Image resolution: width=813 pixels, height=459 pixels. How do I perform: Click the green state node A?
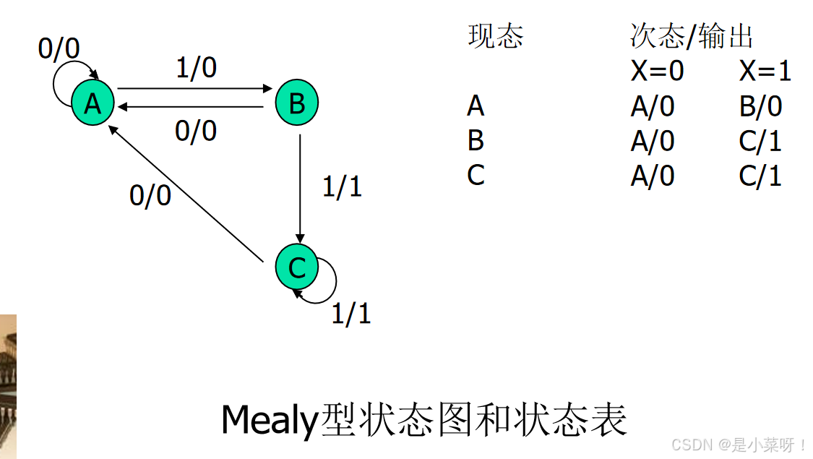point(93,105)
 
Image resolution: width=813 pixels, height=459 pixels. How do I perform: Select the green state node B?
point(297,103)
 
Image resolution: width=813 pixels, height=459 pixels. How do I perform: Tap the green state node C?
point(296,267)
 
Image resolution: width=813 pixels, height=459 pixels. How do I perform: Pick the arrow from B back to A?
point(192,107)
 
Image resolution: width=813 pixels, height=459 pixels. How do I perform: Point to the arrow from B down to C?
point(300,188)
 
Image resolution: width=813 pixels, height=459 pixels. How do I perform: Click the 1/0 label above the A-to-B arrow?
point(196,68)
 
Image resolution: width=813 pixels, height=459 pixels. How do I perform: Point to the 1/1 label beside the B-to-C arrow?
point(341,186)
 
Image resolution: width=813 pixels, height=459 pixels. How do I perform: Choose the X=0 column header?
point(657,71)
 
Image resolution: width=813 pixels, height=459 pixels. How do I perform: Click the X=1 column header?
point(765,71)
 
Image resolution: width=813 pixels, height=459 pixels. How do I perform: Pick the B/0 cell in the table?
point(760,106)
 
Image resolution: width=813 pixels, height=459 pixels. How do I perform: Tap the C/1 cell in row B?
point(760,141)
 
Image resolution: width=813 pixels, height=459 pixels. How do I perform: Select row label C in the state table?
point(476,175)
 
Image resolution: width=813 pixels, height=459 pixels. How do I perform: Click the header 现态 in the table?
point(495,36)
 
